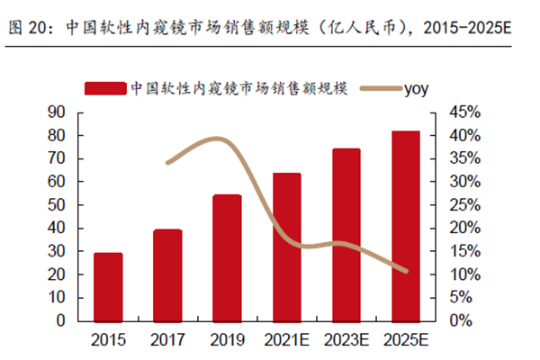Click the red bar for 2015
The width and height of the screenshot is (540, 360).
coord(108,287)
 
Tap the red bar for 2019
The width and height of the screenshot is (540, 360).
coord(227,257)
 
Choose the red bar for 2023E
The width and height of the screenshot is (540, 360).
coord(345,235)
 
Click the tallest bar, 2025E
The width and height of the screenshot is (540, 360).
coord(405,226)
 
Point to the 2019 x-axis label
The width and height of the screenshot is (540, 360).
coord(227,340)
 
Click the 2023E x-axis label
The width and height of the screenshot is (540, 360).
coord(346,340)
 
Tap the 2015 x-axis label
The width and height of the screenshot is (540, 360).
coord(108,340)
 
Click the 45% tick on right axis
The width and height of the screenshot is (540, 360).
coord(466,112)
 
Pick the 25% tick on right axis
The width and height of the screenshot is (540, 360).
coord(466,204)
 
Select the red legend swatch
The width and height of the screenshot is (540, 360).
coord(104,87)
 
